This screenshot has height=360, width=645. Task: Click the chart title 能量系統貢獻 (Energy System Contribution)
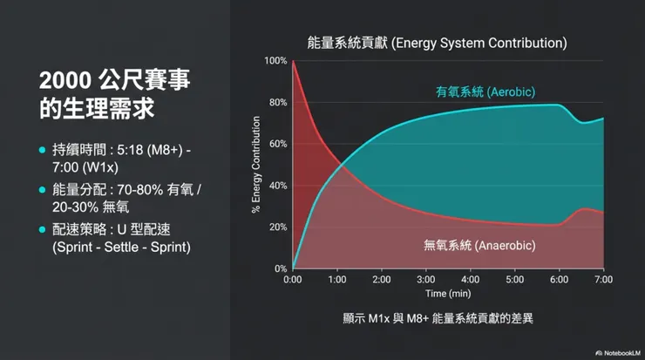[437, 42]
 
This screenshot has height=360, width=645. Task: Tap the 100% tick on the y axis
[275, 61]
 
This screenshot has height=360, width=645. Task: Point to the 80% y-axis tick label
[277, 103]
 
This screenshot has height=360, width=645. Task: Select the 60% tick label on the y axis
[277, 144]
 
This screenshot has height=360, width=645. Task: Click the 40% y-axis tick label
[277, 186]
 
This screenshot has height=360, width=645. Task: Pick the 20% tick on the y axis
[277, 228]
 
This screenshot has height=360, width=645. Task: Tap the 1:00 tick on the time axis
[337, 280]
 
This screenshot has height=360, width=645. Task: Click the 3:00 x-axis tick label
[426, 280]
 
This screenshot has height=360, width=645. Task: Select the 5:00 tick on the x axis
[515, 280]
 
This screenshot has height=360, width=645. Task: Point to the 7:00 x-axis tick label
[603, 280]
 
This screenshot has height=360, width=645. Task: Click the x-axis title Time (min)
[448, 294]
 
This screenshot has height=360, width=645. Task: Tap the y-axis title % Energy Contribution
[256, 165]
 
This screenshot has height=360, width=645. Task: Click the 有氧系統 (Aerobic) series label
[485, 92]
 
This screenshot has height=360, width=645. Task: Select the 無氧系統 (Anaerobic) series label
[479, 247]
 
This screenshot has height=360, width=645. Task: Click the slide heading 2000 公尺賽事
[114, 81]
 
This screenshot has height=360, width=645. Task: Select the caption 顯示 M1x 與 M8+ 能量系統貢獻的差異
[438, 319]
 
